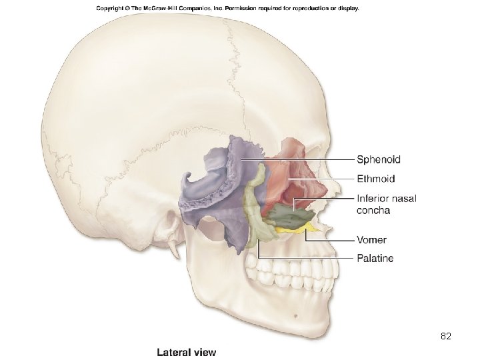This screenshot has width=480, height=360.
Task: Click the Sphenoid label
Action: (x=379, y=159)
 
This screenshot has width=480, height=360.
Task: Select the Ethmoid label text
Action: (x=376, y=179)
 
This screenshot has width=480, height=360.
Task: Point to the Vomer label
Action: (x=371, y=239)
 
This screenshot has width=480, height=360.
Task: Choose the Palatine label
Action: (x=375, y=258)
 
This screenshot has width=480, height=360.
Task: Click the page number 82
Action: (x=447, y=337)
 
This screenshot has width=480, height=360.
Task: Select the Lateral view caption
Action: (x=186, y=351)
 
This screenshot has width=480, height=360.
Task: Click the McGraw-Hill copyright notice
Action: (x=227, y=9)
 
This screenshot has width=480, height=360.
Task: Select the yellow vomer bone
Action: (x=293, y=231)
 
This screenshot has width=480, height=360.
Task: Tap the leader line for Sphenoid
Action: (x=300, y=160)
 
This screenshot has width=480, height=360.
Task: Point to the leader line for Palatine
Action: (x=307, y=257)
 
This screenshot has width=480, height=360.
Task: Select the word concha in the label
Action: (x=373, y=211)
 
